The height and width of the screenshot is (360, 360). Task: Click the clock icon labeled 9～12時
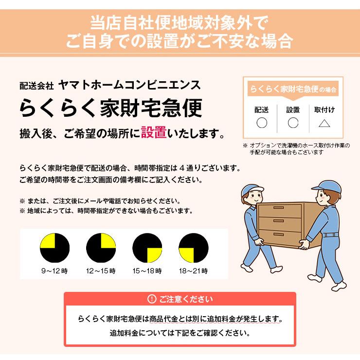[x=54, y=249]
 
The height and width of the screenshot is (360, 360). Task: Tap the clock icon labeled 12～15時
[x=101, y=249]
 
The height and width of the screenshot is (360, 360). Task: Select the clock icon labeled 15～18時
[x=147, y=249]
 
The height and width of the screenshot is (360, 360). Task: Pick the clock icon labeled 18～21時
[x=193, y=249]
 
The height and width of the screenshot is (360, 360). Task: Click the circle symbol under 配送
[x=262, y=123]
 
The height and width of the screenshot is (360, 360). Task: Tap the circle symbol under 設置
[x=293, y=123]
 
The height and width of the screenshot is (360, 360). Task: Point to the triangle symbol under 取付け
[x=324, y=123]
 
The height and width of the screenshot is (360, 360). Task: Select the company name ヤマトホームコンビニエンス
[x=128, y=85]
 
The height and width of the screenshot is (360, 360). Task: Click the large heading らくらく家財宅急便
[x=110, y=108]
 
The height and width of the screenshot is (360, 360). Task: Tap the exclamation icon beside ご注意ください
[x=152, y=299]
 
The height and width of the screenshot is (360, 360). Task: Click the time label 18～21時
[x=193, y=271]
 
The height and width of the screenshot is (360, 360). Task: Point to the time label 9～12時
[x=54, y=271]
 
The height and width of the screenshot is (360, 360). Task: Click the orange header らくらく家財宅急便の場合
[x=293, y=90]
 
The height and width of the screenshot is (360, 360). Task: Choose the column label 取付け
[x=324, y=110]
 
